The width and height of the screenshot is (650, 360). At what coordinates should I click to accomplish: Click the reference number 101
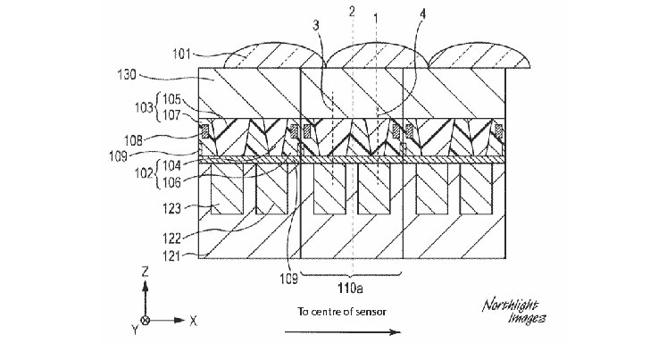click(x=181, y=54)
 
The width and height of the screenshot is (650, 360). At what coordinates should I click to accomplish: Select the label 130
click(x=127, y=75)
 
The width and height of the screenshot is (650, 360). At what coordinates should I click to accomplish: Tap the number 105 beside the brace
click(x=171, y=99)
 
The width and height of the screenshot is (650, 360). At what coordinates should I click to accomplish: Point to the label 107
click(x=171, y=115)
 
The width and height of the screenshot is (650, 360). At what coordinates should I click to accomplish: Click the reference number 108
click(x=133, y=140)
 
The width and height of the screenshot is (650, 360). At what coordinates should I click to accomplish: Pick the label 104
click(x=171, y=165)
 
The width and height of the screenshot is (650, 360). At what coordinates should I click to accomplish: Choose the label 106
click(x=171, y=181)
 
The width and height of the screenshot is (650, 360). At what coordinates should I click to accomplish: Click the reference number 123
click(x=171, y=208)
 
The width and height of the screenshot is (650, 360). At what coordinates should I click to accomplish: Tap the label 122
click(x=171, y=238)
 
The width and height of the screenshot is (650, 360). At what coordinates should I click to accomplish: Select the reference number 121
click(x=171, y=255)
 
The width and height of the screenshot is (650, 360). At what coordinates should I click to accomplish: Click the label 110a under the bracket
click(x=350, y=288)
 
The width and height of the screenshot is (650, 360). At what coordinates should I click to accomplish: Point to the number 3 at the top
click(x=316, y=26)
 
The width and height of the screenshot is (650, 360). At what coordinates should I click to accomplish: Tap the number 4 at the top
click(x=422, y=14)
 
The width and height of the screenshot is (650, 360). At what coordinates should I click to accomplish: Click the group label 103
click(x=144, y=108)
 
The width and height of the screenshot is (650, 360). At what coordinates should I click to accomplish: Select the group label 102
click(x=144, y=172)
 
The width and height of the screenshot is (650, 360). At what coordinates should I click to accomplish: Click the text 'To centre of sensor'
click(x=342, y=312)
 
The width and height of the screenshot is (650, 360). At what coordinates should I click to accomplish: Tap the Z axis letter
click(x=145, y=272)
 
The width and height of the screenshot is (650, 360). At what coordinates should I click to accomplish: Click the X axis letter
click(x=193, y=321)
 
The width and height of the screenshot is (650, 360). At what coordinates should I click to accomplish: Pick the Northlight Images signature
click(x=514, y=312)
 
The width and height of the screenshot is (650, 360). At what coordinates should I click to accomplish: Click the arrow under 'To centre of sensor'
click(x=343, y=331)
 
